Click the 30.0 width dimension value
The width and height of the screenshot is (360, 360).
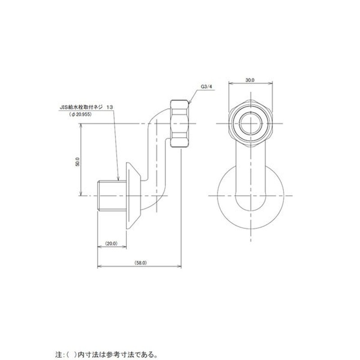coord(250,80)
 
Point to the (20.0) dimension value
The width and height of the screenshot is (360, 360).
coord(111,243)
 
